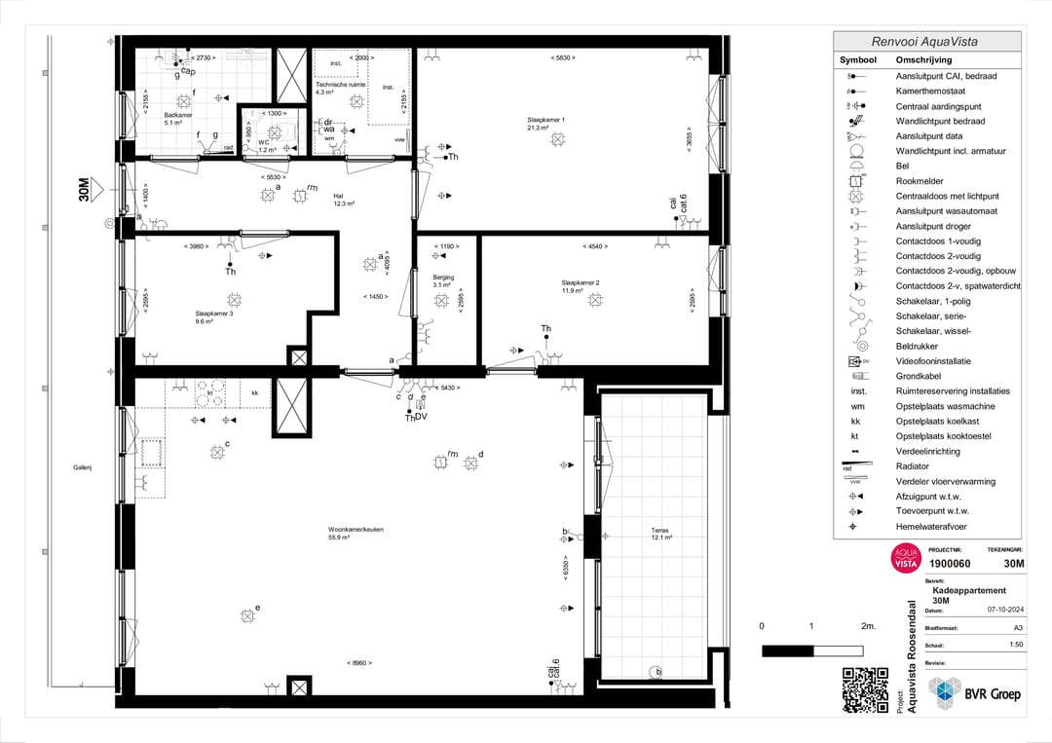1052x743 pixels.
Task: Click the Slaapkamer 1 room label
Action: click(545, 120)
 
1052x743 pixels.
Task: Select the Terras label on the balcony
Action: click(659, 531)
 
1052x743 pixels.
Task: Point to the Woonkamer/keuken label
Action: click(356, 529)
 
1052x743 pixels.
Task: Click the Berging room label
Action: click(443, 278)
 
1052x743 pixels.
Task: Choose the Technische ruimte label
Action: click(340, 85)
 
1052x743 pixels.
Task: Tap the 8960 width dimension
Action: click(359, 663)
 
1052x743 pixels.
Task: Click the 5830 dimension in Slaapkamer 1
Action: click(563, 58)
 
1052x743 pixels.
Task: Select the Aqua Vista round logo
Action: click(906, 559)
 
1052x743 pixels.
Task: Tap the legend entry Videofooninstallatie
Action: click(932, 360)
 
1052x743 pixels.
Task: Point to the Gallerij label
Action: click(82, 467)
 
